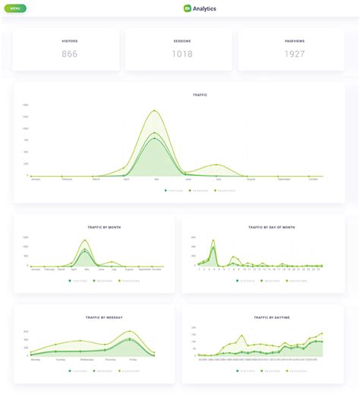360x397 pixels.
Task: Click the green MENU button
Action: pos(14,8)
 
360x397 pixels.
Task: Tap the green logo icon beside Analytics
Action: pos(187,8)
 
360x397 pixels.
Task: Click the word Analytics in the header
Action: pos(204,8)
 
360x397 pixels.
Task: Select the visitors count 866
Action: pos(70,54)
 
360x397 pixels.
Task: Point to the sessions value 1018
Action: pos(182,54)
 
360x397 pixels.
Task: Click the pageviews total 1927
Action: pos(295,54)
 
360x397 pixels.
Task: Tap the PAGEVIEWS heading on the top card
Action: pos(295,40)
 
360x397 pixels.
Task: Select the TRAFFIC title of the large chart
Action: pos(200,95)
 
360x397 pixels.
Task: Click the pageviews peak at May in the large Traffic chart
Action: pos(156,111)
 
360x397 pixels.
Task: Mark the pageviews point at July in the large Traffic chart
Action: pos(217,165)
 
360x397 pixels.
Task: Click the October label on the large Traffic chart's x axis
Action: pos(313,179)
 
